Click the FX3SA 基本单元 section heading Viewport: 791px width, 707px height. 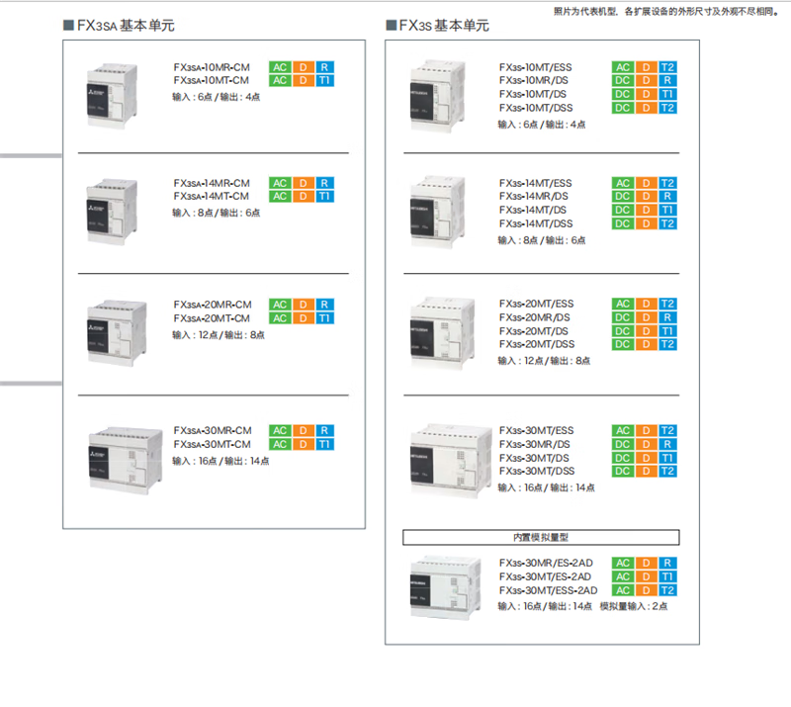pyautogui.click(x=127, y=25)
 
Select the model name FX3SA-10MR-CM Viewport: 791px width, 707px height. pyautogui.click(x=211, y=67)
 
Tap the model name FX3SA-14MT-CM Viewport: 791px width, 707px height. pyautogui.click(x=211, y=196)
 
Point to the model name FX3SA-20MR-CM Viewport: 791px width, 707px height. pyautogui.click(x=212, y=305)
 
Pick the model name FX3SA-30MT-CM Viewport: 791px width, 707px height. pyautogui.click(x=212, y=444)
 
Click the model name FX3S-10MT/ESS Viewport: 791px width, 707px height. pyautogui.click(x=535, y=67)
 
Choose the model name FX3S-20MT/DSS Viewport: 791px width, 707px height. pyautogui.click(x=536, y=344)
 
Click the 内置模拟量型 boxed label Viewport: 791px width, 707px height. pyautogui.click(x=541, y=538)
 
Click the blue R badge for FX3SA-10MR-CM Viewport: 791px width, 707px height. pyautogui.click(x=324, y=67)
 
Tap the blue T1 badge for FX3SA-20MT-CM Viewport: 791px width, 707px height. pyautogui.click(x=324, y=318)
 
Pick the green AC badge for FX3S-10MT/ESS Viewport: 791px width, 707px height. pyautogui.click(x=623, y=67)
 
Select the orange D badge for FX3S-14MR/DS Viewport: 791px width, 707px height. pyautogui.click(x=646, y=197)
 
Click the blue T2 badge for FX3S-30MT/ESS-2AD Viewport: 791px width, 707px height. pyautogui.click(x=668, y=590)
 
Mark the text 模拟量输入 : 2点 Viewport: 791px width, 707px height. pyautogui.click(x=633, y=606)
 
